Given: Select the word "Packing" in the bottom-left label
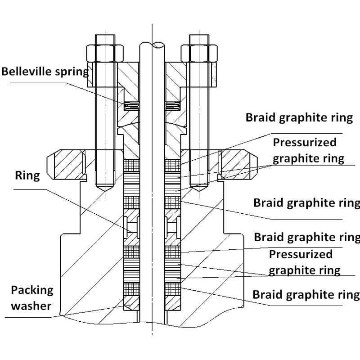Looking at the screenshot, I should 32,290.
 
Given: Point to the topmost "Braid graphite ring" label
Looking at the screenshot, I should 299,118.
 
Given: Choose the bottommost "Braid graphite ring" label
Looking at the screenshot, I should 306,295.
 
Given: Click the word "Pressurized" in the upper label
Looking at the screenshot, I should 305,143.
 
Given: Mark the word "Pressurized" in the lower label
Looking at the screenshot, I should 301,254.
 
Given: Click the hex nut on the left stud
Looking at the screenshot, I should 106,54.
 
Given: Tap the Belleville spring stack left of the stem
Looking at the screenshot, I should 131,106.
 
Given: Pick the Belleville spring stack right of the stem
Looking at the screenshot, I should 172,106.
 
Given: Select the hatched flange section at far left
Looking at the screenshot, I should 65,163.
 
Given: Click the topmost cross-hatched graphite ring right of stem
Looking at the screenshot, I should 172,166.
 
